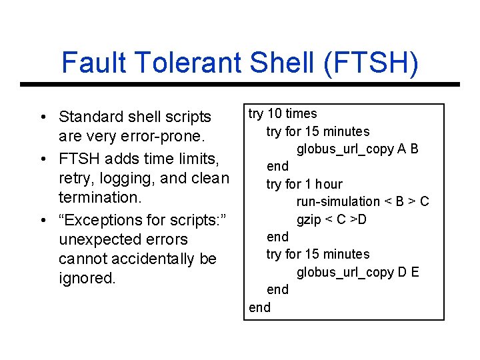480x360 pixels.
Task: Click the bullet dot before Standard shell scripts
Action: point(42,118)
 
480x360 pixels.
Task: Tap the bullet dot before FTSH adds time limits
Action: point(42,159)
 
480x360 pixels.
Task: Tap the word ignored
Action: point(87,278)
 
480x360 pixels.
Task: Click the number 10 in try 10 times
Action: point(274,114)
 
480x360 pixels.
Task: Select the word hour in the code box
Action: point(329,184)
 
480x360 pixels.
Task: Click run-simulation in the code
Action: point(338,201)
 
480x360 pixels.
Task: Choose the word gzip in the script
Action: point(309,219)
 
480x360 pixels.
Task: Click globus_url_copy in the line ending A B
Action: point(345,149)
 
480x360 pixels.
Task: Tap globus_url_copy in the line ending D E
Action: point(345,272)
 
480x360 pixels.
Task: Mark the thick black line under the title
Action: point(240,85)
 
